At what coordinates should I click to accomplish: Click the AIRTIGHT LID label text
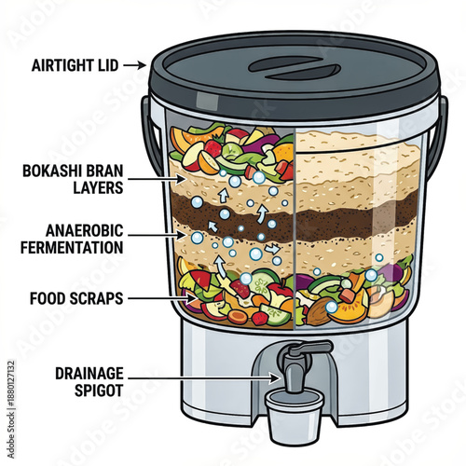pyautogui.click(x=75, y=64)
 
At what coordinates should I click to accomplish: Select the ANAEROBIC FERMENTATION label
pyautogui.click(x=71, y=238)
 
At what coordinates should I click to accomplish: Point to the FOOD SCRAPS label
pyautogui.click(x=75, y=298)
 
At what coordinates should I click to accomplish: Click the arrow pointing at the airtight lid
pyautogui.click(x=136, y=64)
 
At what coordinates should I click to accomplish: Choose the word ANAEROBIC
pyautogui.click(x=73, y=229)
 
